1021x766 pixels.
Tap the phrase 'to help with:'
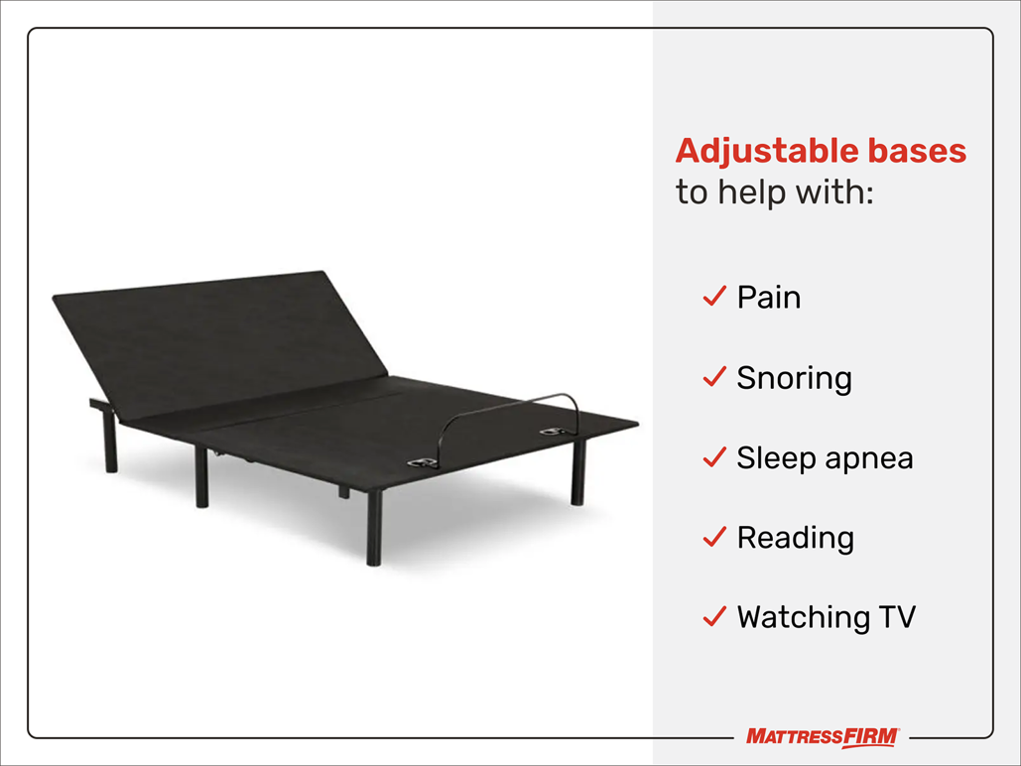(x=774, y=191)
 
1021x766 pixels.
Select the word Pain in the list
(x=768, y=298)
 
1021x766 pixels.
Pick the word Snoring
(x=794, y=378)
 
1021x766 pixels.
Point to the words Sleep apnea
(x=825, y=457)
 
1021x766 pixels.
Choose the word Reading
(x=795, y=538)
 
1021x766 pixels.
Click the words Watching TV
(x=826, y=617)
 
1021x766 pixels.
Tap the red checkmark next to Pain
(x=714, y=297)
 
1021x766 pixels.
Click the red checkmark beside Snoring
(x=714, y=377)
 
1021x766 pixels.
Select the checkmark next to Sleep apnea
(x=714, y=457)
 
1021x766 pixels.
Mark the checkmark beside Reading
(x=714, y=537)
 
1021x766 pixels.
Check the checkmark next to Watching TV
(x=714, y=617)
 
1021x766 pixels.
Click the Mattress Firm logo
(x=823, y=737)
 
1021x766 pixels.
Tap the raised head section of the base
(x=218, y=342)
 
